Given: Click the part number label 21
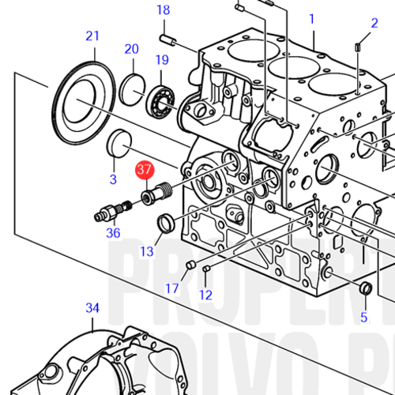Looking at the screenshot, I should point(93,36).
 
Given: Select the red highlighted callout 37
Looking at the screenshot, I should point(145,170).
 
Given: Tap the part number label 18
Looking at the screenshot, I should point(163,10).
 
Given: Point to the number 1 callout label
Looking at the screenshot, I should point(311,18).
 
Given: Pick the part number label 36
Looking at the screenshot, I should point(114,233).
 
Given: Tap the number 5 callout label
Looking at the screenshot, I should point(364,318).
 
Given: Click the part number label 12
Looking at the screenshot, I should point(205,295).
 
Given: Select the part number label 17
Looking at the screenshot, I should point(172,288).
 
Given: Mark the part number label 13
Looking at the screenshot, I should point(148,251).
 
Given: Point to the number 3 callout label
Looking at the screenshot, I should point(113,179).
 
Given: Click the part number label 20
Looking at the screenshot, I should point(131,49).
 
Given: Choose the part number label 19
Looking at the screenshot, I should point(162,60).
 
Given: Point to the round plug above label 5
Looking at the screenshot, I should point(366,288).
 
